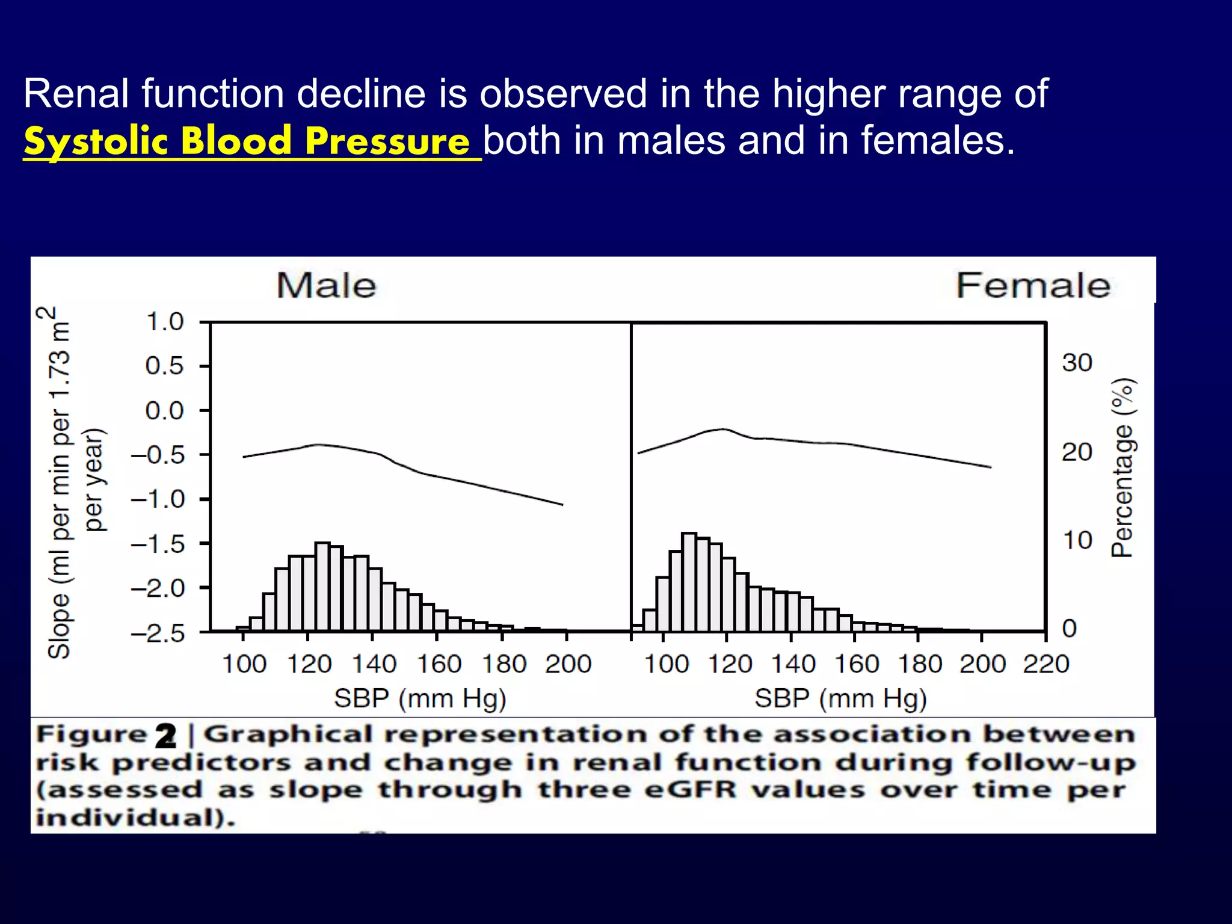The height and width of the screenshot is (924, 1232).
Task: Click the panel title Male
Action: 326,285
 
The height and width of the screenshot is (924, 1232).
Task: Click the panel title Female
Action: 1032,285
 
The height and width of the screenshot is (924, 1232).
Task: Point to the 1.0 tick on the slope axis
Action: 165,322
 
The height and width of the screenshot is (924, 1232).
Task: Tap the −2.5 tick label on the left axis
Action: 158,633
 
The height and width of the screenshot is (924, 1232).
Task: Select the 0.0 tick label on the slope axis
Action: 164,411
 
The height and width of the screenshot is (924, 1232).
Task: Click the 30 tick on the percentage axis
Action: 1076,363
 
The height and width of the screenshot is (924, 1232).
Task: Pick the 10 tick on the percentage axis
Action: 1076,540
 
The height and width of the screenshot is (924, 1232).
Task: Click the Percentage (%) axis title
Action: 1122,468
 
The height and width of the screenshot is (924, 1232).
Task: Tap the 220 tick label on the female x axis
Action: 1046,664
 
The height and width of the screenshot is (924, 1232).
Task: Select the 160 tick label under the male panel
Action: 439,664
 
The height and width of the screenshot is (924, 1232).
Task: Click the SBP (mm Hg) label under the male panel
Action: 420,699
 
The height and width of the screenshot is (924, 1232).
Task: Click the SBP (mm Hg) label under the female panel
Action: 840,699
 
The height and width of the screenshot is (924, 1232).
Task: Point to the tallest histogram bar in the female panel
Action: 689,581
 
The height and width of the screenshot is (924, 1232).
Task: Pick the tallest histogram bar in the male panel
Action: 322,586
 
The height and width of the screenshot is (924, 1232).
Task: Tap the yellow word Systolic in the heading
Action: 95,142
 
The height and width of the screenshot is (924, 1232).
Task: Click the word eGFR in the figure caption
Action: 690,790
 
